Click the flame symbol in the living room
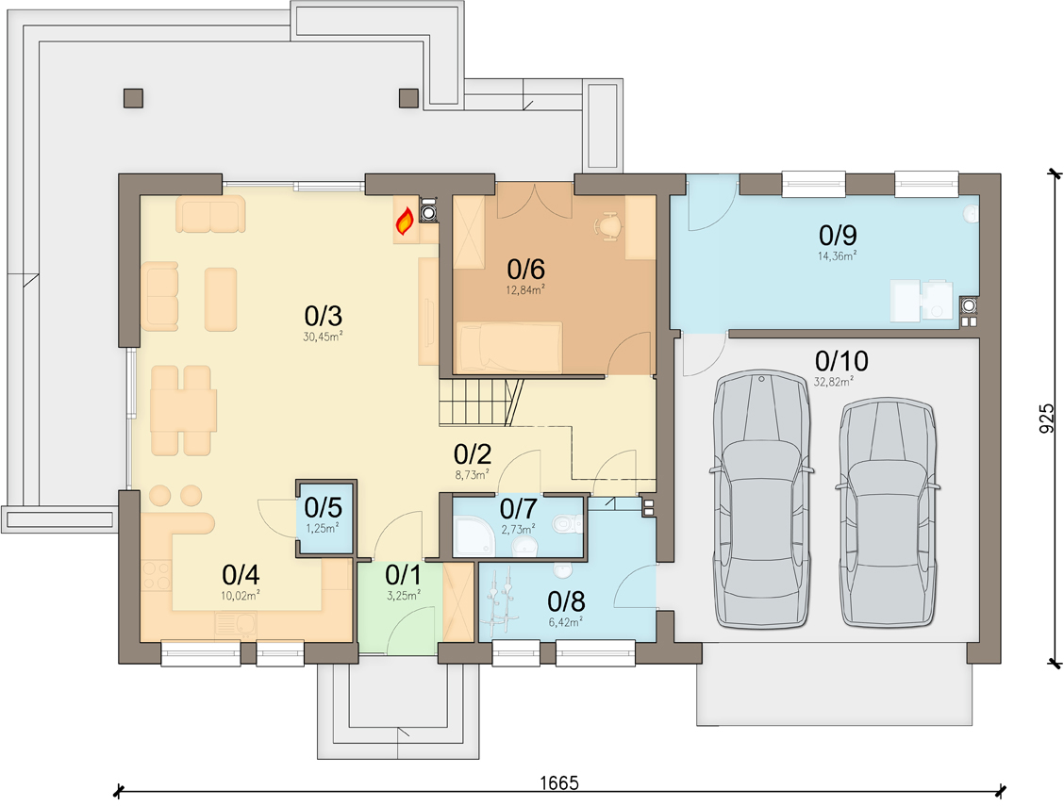click(405, 222)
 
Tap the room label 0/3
click(323, 316)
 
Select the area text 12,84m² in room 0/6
click(526, 290)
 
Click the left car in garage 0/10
click(762, 499)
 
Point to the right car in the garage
click(889, 512)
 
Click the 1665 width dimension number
click(559, 783)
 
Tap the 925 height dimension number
click(1048, 419)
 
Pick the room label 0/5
click(323, 508)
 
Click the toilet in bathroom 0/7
click(567, 523)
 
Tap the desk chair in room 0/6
click(609, 225)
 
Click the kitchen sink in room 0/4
click(236, 625)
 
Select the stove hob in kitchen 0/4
click(156, 576)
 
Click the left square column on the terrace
click(134, 98)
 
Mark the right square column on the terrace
click(408, 98)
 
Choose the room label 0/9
click(838, 236)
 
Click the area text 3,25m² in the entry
click(404, 595)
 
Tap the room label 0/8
click(566, 601)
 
